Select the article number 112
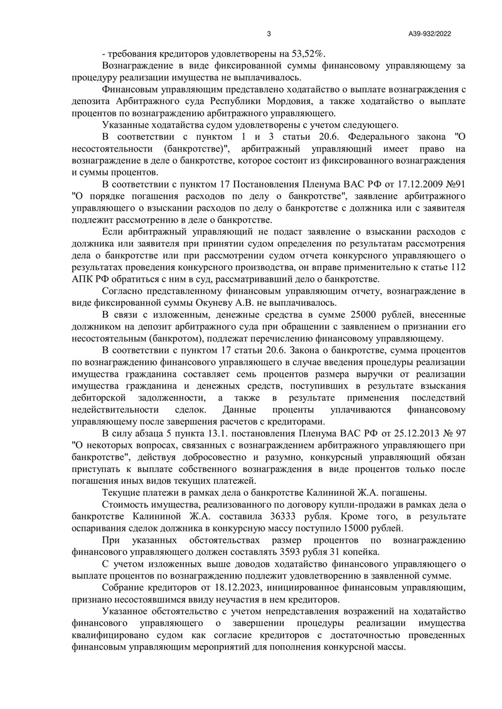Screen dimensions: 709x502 tap(457, 268)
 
